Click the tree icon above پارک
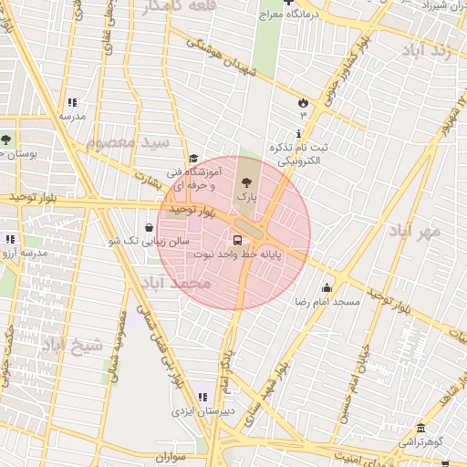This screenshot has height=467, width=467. (245, 182)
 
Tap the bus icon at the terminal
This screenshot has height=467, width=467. (238, 241)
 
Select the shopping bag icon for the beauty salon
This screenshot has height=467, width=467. (150, 228)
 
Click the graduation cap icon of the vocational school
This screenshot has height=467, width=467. (192, 159)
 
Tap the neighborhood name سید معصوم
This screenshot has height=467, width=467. (129, 143)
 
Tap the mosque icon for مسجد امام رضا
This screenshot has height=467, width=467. (327, 288)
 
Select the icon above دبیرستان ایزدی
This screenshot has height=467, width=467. (202, 397)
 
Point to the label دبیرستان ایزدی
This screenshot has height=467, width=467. (209, 410)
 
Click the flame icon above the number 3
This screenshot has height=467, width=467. (303, 102)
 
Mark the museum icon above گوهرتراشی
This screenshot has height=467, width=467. (420, 429)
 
